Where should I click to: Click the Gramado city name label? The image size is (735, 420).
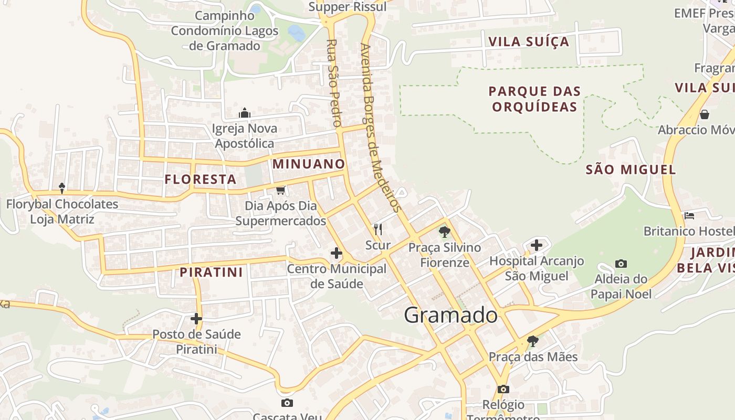click(451, 315)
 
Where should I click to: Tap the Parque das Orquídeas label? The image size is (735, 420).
click(534, 99)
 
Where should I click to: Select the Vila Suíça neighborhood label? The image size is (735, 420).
click(529, 41)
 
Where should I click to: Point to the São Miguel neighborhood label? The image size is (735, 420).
click(631, 170)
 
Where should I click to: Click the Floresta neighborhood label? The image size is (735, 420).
click(201, 180)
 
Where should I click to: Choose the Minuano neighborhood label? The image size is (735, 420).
click(309, 164)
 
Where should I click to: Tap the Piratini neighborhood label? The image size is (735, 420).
click(212, 272)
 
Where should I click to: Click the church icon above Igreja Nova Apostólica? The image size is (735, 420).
click(245, 113)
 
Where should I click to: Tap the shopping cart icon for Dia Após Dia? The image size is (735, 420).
click(281, 190)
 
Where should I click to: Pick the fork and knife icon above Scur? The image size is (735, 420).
click(377, 229)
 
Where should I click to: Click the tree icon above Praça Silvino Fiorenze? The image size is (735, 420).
click(445, 232)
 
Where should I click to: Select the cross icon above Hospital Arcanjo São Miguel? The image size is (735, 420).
click(536, 245)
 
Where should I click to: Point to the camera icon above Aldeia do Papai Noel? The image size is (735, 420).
click(621, 264)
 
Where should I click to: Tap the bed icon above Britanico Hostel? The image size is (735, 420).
click(689, 216)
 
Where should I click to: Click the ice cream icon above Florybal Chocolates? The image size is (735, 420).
click(62, 188)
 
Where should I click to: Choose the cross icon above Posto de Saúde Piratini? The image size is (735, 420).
click(196, 319)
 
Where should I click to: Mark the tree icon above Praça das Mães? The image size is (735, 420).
click(533, 341)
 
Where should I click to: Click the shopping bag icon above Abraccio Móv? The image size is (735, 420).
click(705, 114)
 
